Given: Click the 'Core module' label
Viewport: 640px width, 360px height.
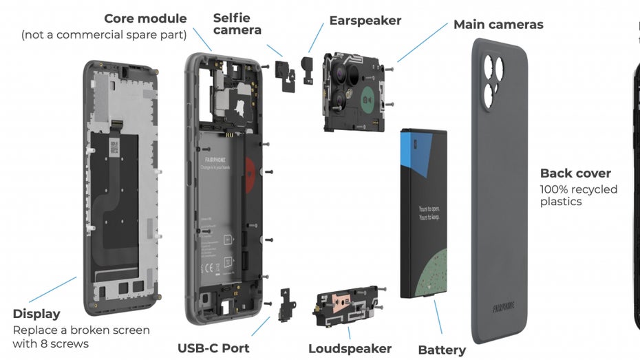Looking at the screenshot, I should click(145, 19).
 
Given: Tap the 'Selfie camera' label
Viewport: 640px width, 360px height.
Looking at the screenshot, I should click(237, 23).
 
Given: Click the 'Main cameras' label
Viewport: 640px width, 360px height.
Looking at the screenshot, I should click(498, 25).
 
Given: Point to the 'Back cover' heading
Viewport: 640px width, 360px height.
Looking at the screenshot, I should click(575, 173).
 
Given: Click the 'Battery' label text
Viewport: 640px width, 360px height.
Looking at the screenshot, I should click(442, 350).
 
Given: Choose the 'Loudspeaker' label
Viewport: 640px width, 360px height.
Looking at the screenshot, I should click(350, 349).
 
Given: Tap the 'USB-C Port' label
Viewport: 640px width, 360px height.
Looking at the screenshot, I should click(213, 348).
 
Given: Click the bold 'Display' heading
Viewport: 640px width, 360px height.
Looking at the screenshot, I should click(36, 314).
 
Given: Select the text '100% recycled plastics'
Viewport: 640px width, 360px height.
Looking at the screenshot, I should click(579, 195).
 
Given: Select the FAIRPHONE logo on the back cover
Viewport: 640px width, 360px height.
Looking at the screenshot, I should click(504, 306).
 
